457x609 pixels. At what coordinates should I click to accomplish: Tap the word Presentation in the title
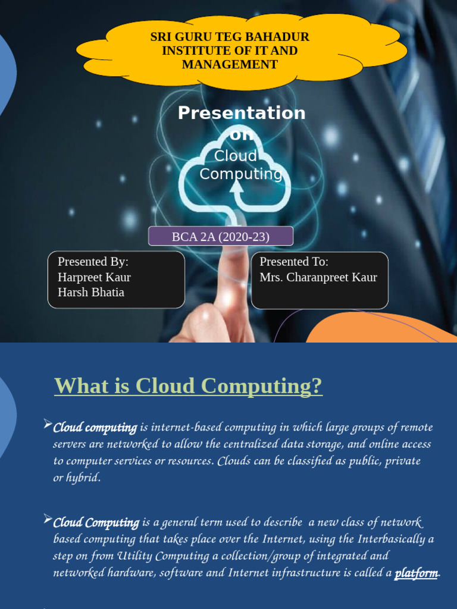(x=242, y=113)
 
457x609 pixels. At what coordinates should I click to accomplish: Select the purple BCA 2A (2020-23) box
(x=221, y=236)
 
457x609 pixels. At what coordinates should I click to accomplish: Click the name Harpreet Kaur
(x=94, y=277)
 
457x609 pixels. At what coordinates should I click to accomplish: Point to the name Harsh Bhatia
(x=91, y=292)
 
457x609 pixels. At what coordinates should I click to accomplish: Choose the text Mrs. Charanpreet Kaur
(x=318, y=277)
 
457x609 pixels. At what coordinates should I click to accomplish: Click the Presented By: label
(x=93, y=262)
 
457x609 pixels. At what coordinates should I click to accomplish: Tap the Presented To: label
(x=294, y=262)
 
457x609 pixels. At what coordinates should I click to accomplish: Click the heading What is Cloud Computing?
(x=188, y=386)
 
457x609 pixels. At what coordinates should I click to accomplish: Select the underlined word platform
(x=417, y=573)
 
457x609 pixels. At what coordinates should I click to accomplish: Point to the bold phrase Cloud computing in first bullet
(x=95, y=428)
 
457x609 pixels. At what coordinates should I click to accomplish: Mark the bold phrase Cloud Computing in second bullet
(x=96, y=523)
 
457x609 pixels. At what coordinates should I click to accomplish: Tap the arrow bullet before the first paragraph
(x=48, y=424)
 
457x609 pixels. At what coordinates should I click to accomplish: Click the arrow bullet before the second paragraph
(x=48, y=519)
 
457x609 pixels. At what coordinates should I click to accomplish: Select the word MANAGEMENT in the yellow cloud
(x=230, y=64)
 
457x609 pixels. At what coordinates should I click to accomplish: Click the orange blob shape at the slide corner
(x=381, y=330)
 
